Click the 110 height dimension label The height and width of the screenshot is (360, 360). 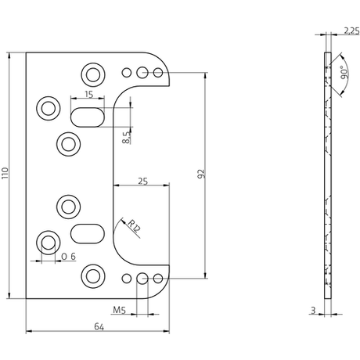point(5,174)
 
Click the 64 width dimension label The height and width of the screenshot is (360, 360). point(99,326)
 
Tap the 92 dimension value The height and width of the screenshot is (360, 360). point(201,174)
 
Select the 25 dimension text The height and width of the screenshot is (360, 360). point(143,181)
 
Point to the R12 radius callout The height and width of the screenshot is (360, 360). point(135,226)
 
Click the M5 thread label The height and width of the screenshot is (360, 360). point(119,310)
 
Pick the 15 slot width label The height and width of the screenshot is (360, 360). point(89,94)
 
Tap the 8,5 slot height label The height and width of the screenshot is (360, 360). point(126,138)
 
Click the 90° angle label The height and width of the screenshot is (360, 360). point(344,73)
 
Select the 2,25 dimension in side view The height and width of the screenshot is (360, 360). point(351,31)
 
